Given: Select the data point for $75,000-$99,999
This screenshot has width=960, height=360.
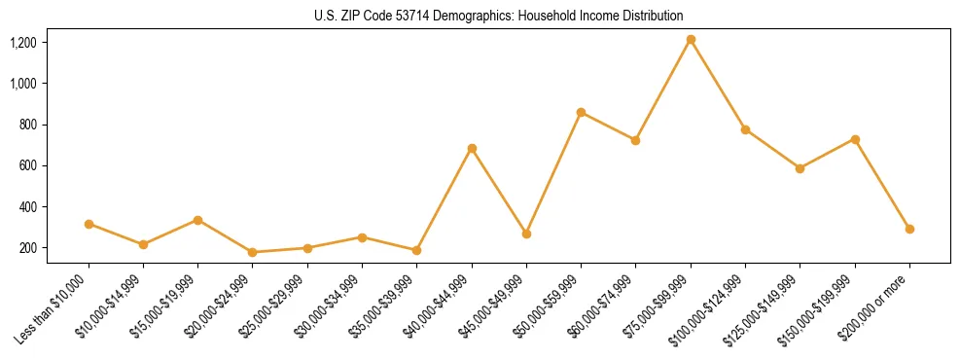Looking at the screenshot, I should pos(691,40).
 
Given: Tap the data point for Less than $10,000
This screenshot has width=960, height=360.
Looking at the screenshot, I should pos(89,224).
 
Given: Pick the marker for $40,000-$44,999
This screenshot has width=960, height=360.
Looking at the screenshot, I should pos(472,149).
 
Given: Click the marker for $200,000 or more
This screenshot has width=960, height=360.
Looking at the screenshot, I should pos(909,229).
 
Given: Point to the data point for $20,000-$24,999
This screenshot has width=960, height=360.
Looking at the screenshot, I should pos(253,252).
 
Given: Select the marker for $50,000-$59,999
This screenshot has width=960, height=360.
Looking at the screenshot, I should pos(581,112).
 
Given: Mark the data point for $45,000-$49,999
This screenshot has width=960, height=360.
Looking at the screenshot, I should pos(526,234).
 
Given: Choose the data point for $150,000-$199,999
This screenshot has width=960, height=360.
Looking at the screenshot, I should pos(855,139).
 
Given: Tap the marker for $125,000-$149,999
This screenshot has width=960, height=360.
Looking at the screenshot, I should pos(800,168).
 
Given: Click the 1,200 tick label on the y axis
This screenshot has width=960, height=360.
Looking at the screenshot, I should pos(23,43).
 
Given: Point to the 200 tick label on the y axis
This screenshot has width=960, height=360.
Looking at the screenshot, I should pos(28,248).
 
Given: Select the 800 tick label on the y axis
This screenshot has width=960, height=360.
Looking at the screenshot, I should pos(28,125).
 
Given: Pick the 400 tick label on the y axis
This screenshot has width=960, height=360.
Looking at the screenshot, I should pos(28,207).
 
